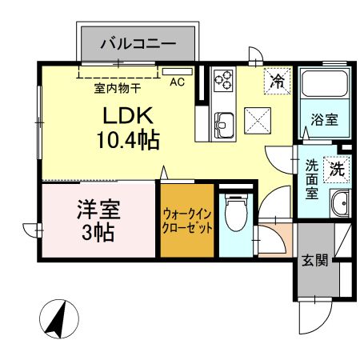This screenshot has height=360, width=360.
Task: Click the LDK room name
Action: click(x=118, y=114)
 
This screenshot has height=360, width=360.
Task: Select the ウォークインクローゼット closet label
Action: click(x=187, y=221)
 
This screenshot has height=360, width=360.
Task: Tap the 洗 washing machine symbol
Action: click(x=337, y=169)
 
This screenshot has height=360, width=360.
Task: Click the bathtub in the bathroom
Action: click(x=324, y=85)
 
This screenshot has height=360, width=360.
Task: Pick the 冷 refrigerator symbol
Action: click(x=278, y=80)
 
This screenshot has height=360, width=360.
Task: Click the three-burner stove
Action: click(x=224, y=81)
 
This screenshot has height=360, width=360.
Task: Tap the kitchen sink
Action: click(x=223, y=124)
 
